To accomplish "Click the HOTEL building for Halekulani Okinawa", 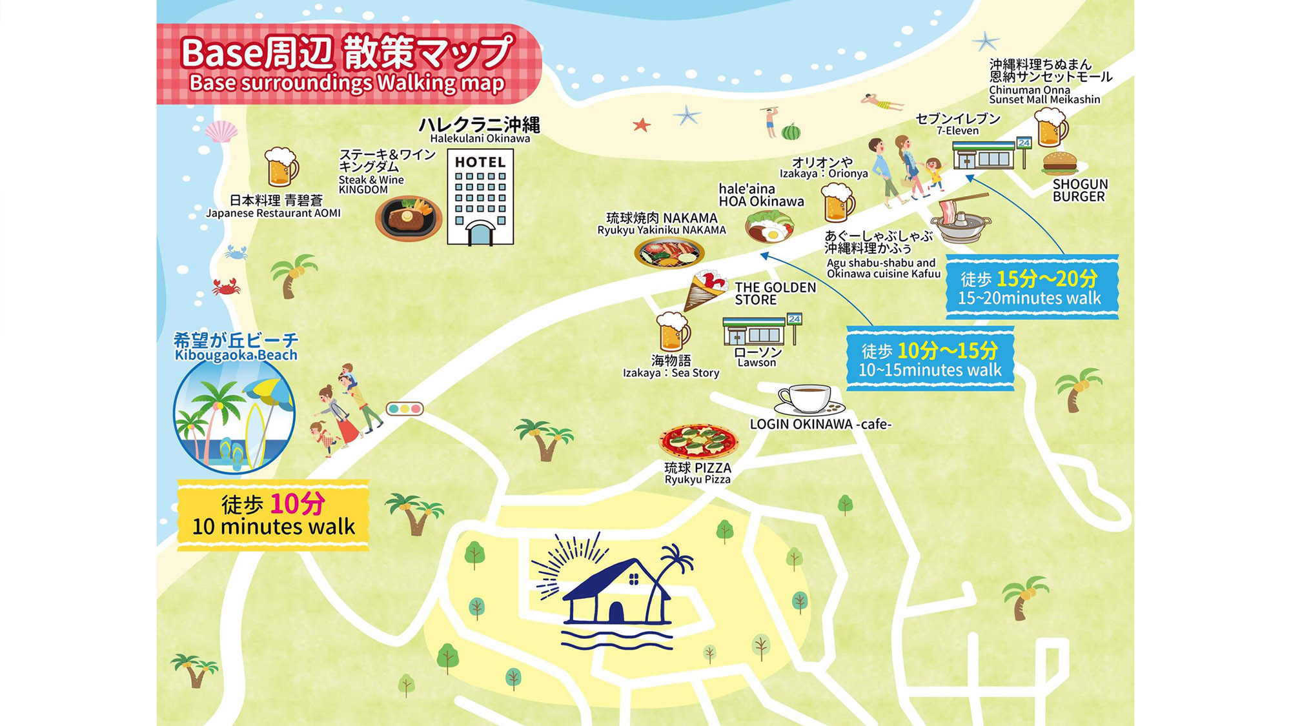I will (480, 197).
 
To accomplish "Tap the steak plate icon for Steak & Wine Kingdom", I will (408, 217).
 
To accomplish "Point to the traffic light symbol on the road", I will (404, 408).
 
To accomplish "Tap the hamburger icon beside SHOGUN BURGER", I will (1059, 163).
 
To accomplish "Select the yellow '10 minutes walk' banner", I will (273, 515).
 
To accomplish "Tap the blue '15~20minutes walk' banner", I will (1031, 287).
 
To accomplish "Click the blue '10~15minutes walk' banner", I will (930, 359).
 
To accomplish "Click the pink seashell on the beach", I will (221, 132).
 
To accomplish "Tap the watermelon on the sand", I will (791, 132).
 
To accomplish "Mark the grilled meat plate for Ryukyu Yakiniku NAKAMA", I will (669, 252).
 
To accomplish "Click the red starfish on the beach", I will (641, 125).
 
